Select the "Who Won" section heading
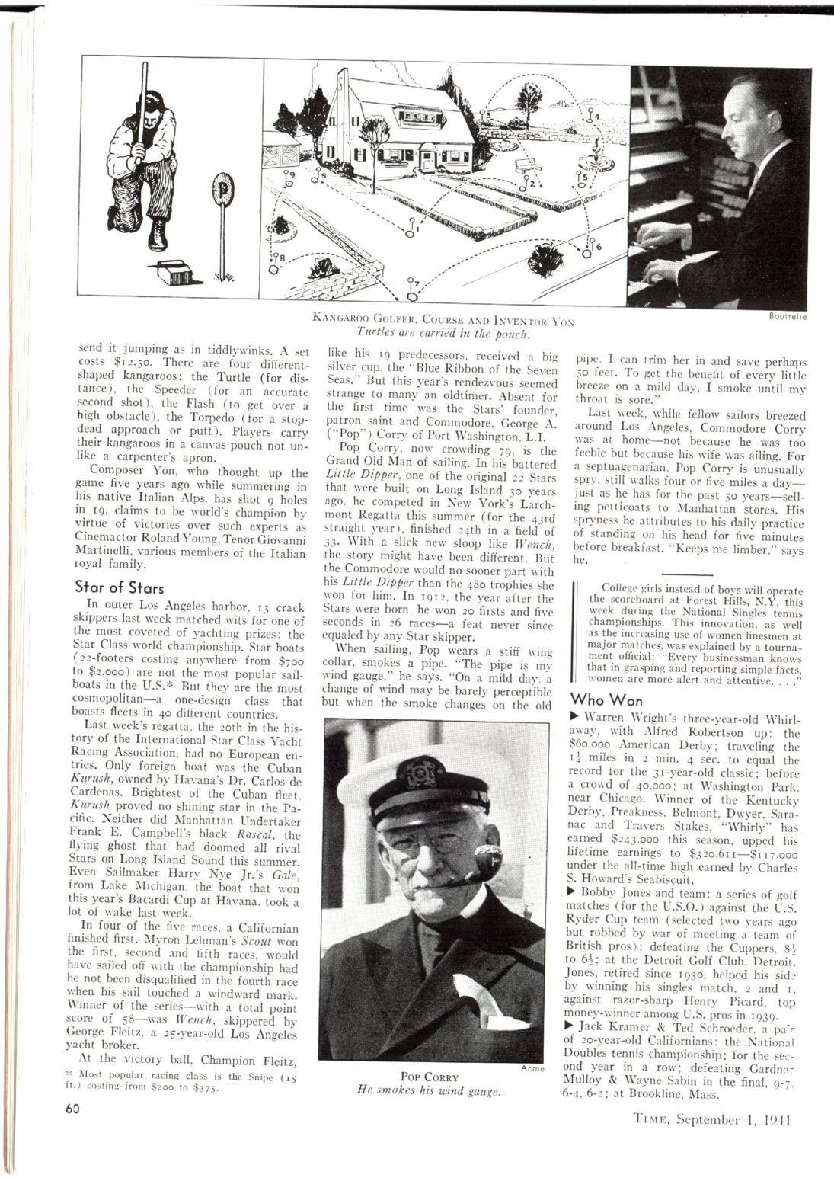606,699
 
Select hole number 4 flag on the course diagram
590,117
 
